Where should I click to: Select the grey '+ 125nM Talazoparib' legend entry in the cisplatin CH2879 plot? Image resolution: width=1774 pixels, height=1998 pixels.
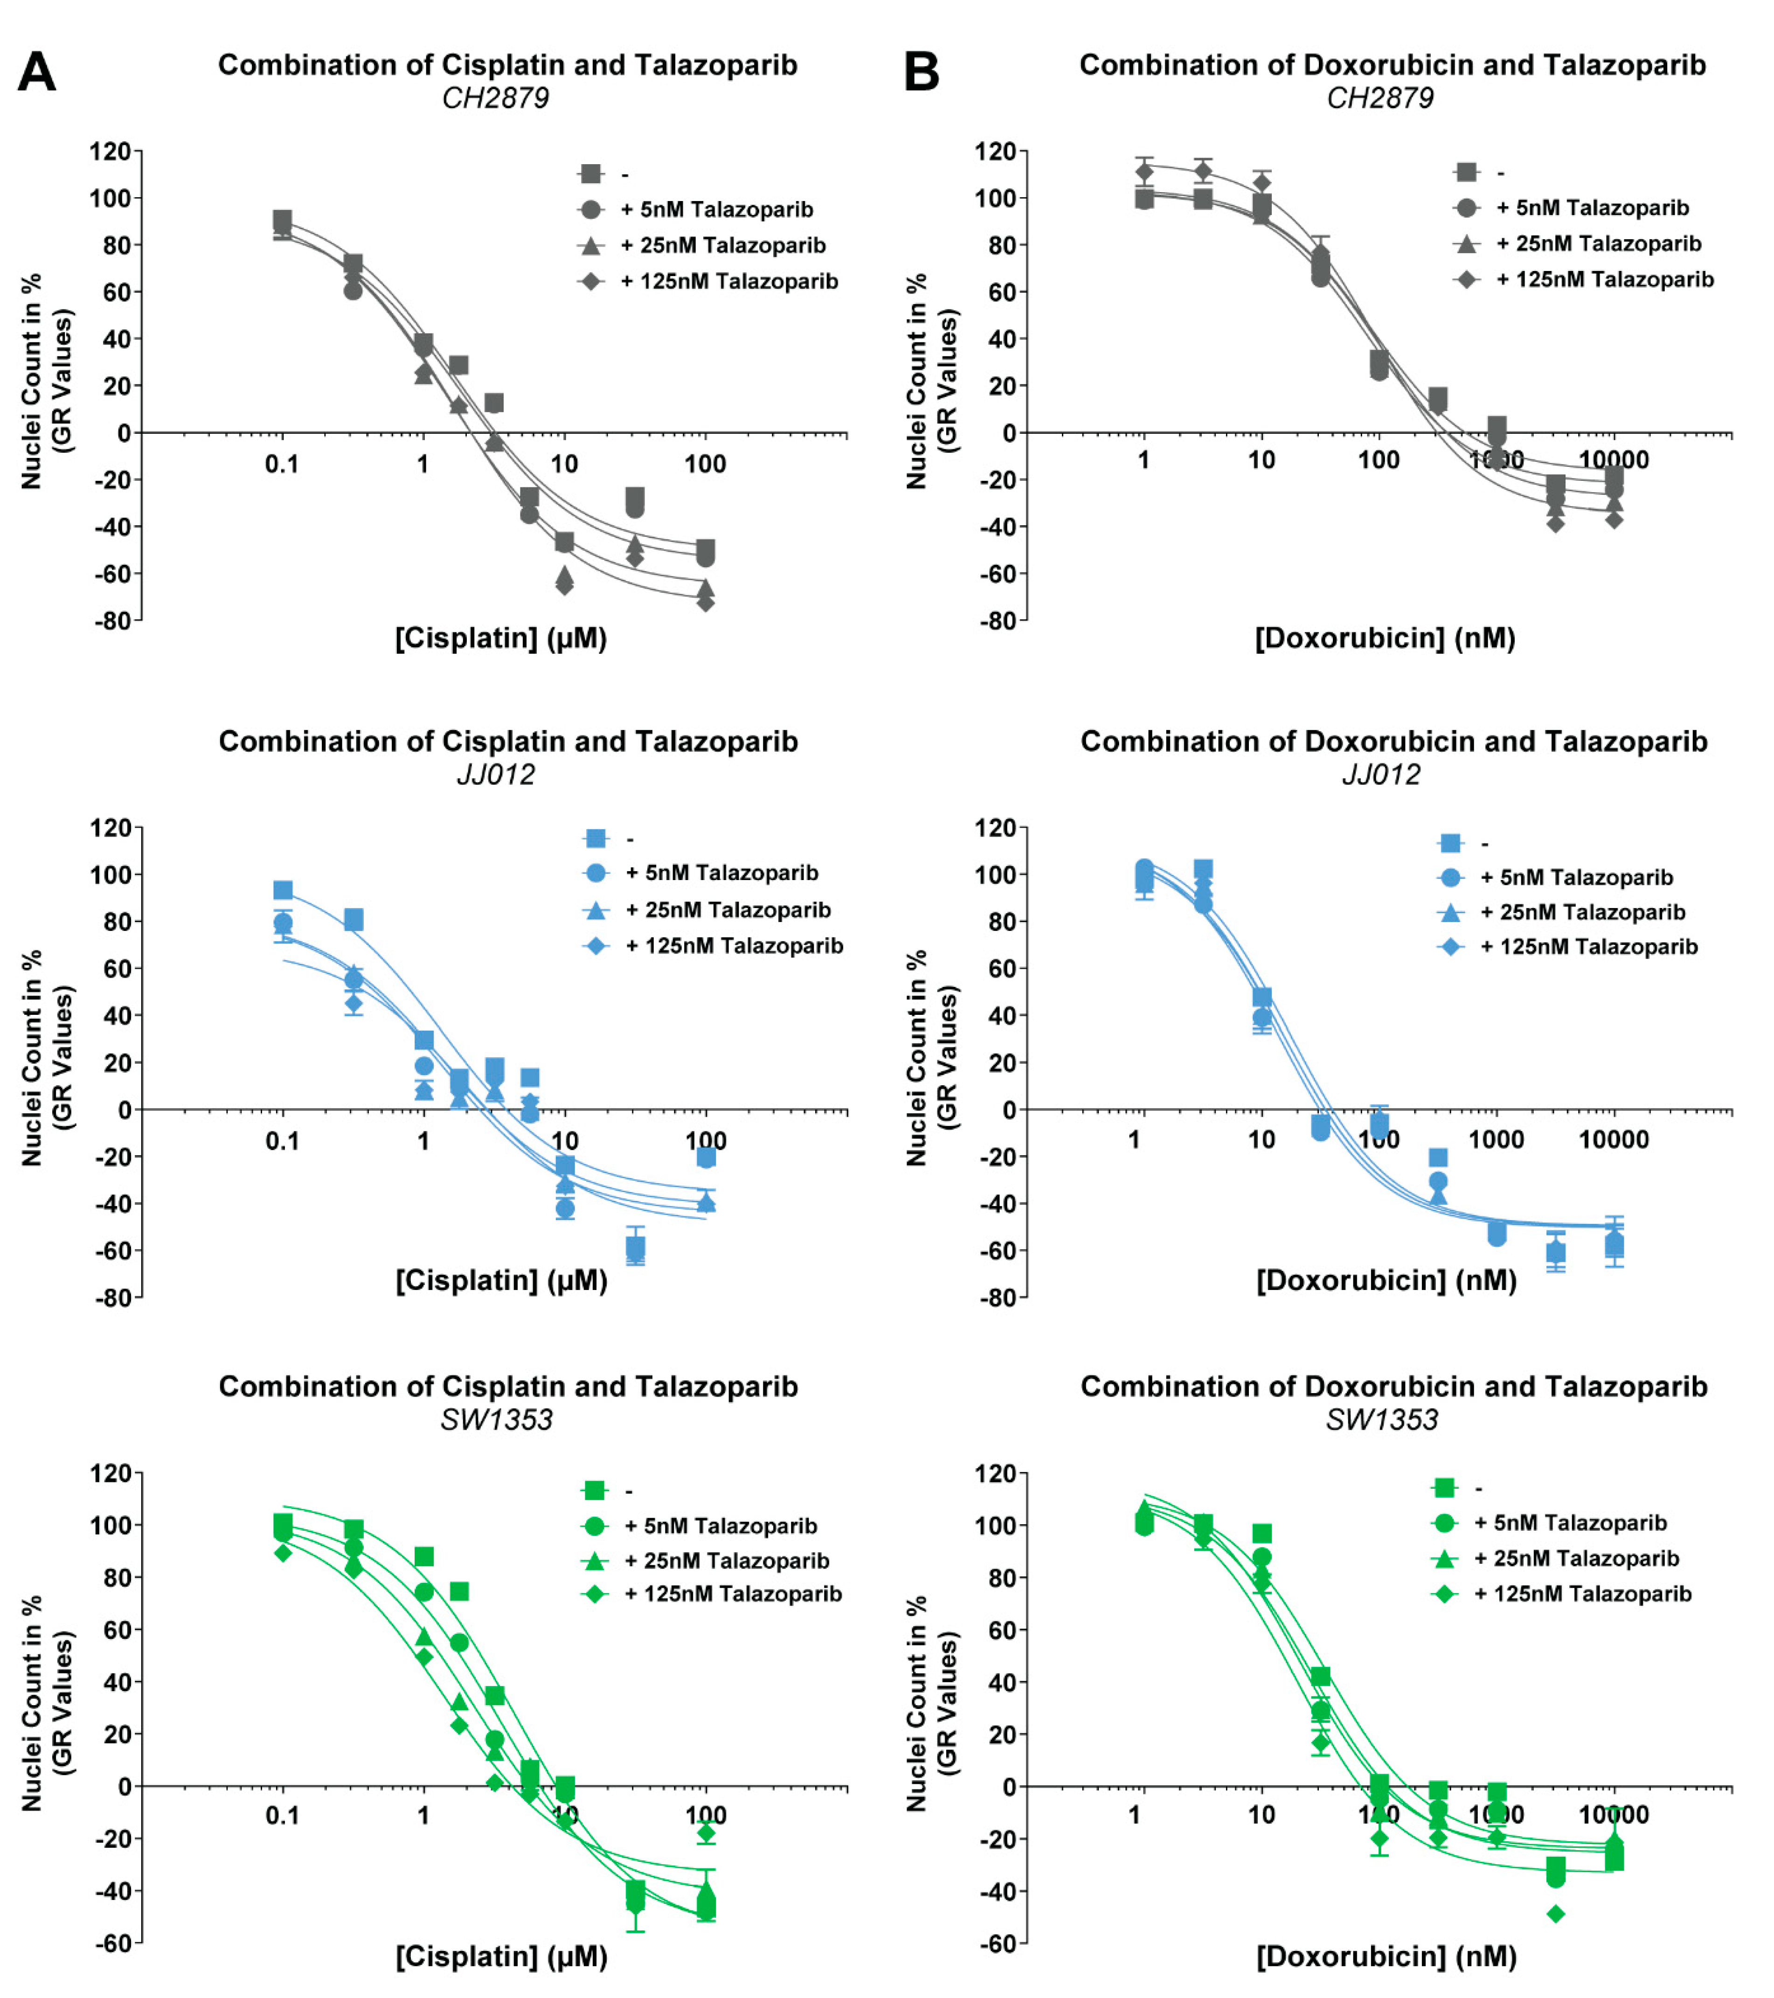click(x=728, y=282)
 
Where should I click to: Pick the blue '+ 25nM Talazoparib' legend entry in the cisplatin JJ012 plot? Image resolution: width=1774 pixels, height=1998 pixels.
click(x=727, y=910)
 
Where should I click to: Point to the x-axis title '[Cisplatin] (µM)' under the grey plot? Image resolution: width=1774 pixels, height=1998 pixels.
click(x=500, y=638)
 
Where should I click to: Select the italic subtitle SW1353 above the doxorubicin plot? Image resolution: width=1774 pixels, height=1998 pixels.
click(x=1381, y=1419)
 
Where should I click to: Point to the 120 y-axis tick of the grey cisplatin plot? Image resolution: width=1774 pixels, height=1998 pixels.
click(x=110, y=152)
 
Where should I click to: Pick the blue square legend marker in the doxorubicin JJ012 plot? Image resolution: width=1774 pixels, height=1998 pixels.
click(x=1450, y=843)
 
